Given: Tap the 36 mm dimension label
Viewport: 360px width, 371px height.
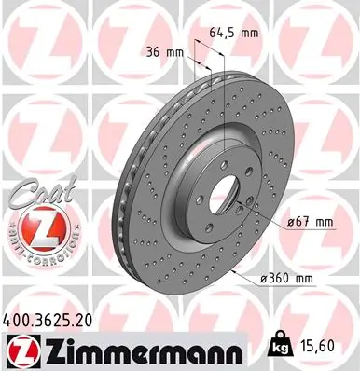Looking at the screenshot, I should [164, 52].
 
